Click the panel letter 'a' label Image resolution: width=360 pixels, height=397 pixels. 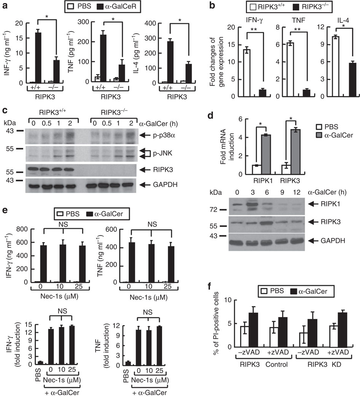click(x=5, y=6)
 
